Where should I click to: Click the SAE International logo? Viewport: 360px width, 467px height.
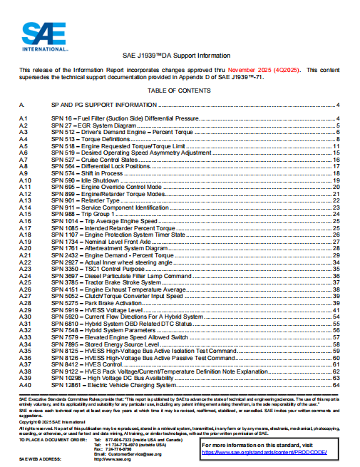pyautogui.click(x=43, y=35)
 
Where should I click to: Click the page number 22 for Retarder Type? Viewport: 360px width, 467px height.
pyautogui.click(x=336, y=201)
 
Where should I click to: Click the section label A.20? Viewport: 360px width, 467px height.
pyautogui.click(x=24, y=248)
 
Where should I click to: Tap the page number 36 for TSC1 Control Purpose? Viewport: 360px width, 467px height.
pyautogui.click(x=336, y=268)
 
